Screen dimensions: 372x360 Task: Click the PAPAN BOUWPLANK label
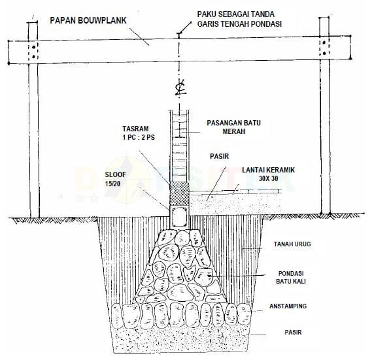tap(88, 20)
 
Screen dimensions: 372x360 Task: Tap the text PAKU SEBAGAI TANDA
tap(236, 14)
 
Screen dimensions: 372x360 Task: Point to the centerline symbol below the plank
tap(180, 88)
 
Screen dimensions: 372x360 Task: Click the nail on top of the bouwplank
tap(178, 35)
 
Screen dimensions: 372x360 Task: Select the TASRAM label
tap(135, 129)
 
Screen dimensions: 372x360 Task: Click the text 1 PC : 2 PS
tap(139, 137)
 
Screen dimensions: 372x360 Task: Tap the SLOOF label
tap(115, 175)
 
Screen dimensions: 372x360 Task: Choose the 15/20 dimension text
tap(112, 184)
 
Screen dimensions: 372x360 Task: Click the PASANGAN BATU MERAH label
tap(233, 127)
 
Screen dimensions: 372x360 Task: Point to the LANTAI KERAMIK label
tap(268, 170)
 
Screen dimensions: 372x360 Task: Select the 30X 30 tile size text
tap(268, 178)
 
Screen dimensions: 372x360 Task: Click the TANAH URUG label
tap(292, 244)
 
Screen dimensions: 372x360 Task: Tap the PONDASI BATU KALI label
tap(291, 277)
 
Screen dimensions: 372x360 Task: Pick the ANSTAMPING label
tap(288, 306)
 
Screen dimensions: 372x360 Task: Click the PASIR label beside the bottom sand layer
tap(294, 333)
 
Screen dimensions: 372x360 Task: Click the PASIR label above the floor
tap(220, 156)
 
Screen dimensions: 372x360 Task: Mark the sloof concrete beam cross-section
tap(179, 217)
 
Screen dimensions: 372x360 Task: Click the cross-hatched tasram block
tap(179, 194)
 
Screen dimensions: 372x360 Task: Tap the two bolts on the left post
tap(34, 52)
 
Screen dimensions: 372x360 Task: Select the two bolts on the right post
tap(324, 48)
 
